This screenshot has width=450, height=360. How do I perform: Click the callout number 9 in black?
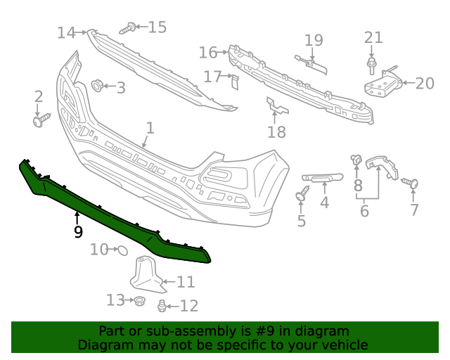pyautogui.click(x=78, y=231)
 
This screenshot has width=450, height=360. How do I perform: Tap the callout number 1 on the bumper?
pyautogui.click(x=150, y=128)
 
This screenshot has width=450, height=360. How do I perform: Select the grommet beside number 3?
pyautogui.click(x=97, y=86)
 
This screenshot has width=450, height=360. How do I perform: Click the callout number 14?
pyautogui.click(x=65, y=32)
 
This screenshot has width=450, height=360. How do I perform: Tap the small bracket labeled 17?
pyautogui.click(x=236, y=82)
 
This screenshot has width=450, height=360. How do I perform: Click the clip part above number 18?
pyautogui.click(x=277, y=107)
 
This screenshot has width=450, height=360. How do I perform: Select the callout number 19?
pyautogui.click(x=314, y=40)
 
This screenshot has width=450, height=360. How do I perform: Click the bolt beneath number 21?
pyautogui.click(x=372, y=66)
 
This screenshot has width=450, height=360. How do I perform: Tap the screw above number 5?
pyautogui.click(x=302, y=193)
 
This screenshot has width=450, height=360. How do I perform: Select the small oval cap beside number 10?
pyautogui.click(x=120, y=249)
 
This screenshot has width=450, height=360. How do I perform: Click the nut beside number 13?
pyautogui.click(x=139, y=301)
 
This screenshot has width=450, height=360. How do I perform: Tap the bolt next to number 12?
pyautogui.click(x=163, y=305)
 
